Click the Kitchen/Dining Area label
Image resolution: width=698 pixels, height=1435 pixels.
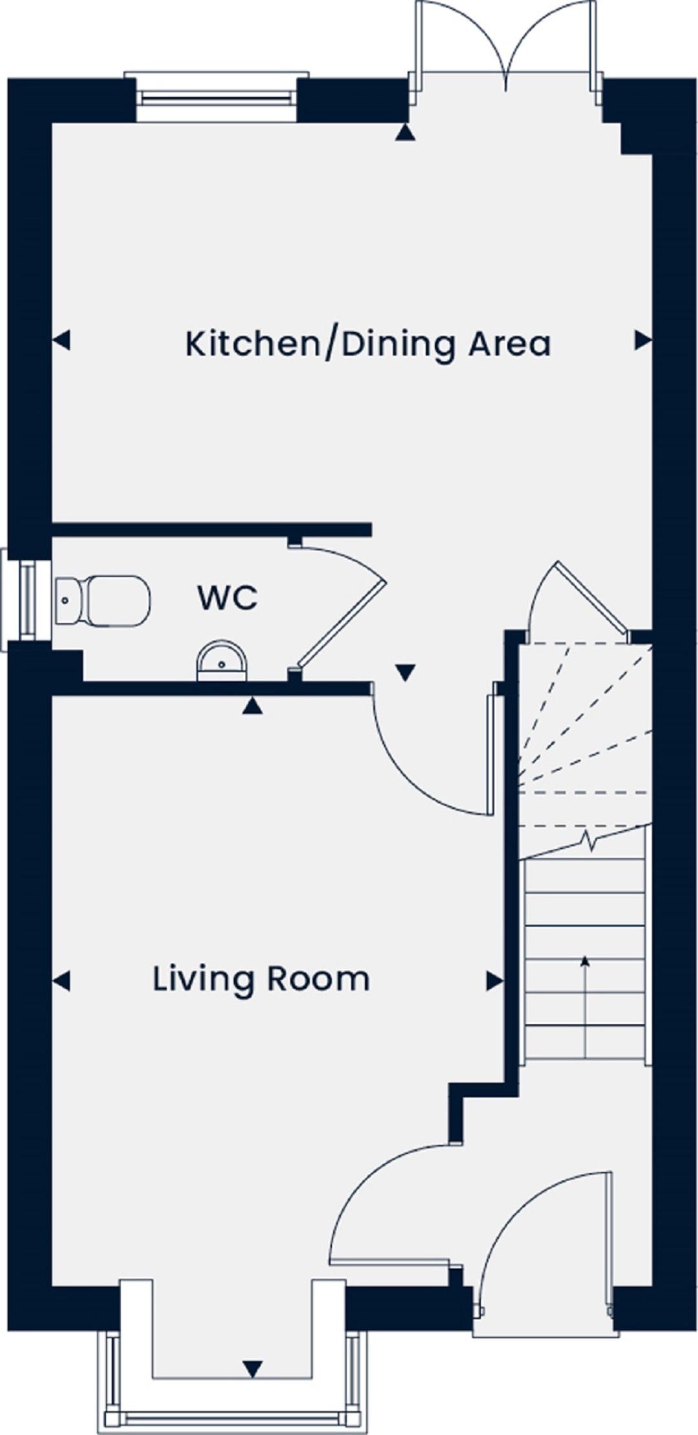pos(368,344)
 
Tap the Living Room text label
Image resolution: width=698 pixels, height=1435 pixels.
pos(261,979)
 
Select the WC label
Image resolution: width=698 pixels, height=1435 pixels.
pos(227,598)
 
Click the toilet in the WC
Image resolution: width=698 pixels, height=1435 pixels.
pos(103,601)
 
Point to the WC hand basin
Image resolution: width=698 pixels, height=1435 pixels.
pos(222,661)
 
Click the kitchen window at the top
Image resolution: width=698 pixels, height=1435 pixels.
pos(217,97)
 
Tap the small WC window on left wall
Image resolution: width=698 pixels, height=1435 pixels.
pos(26,601)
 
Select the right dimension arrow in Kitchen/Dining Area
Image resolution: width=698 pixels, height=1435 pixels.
pos(643,340)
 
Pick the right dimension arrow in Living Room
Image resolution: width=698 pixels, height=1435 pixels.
pos(495,982)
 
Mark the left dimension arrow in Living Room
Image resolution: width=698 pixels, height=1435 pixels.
pos(61,982)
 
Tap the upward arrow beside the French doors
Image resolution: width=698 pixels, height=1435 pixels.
pos(405,133)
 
